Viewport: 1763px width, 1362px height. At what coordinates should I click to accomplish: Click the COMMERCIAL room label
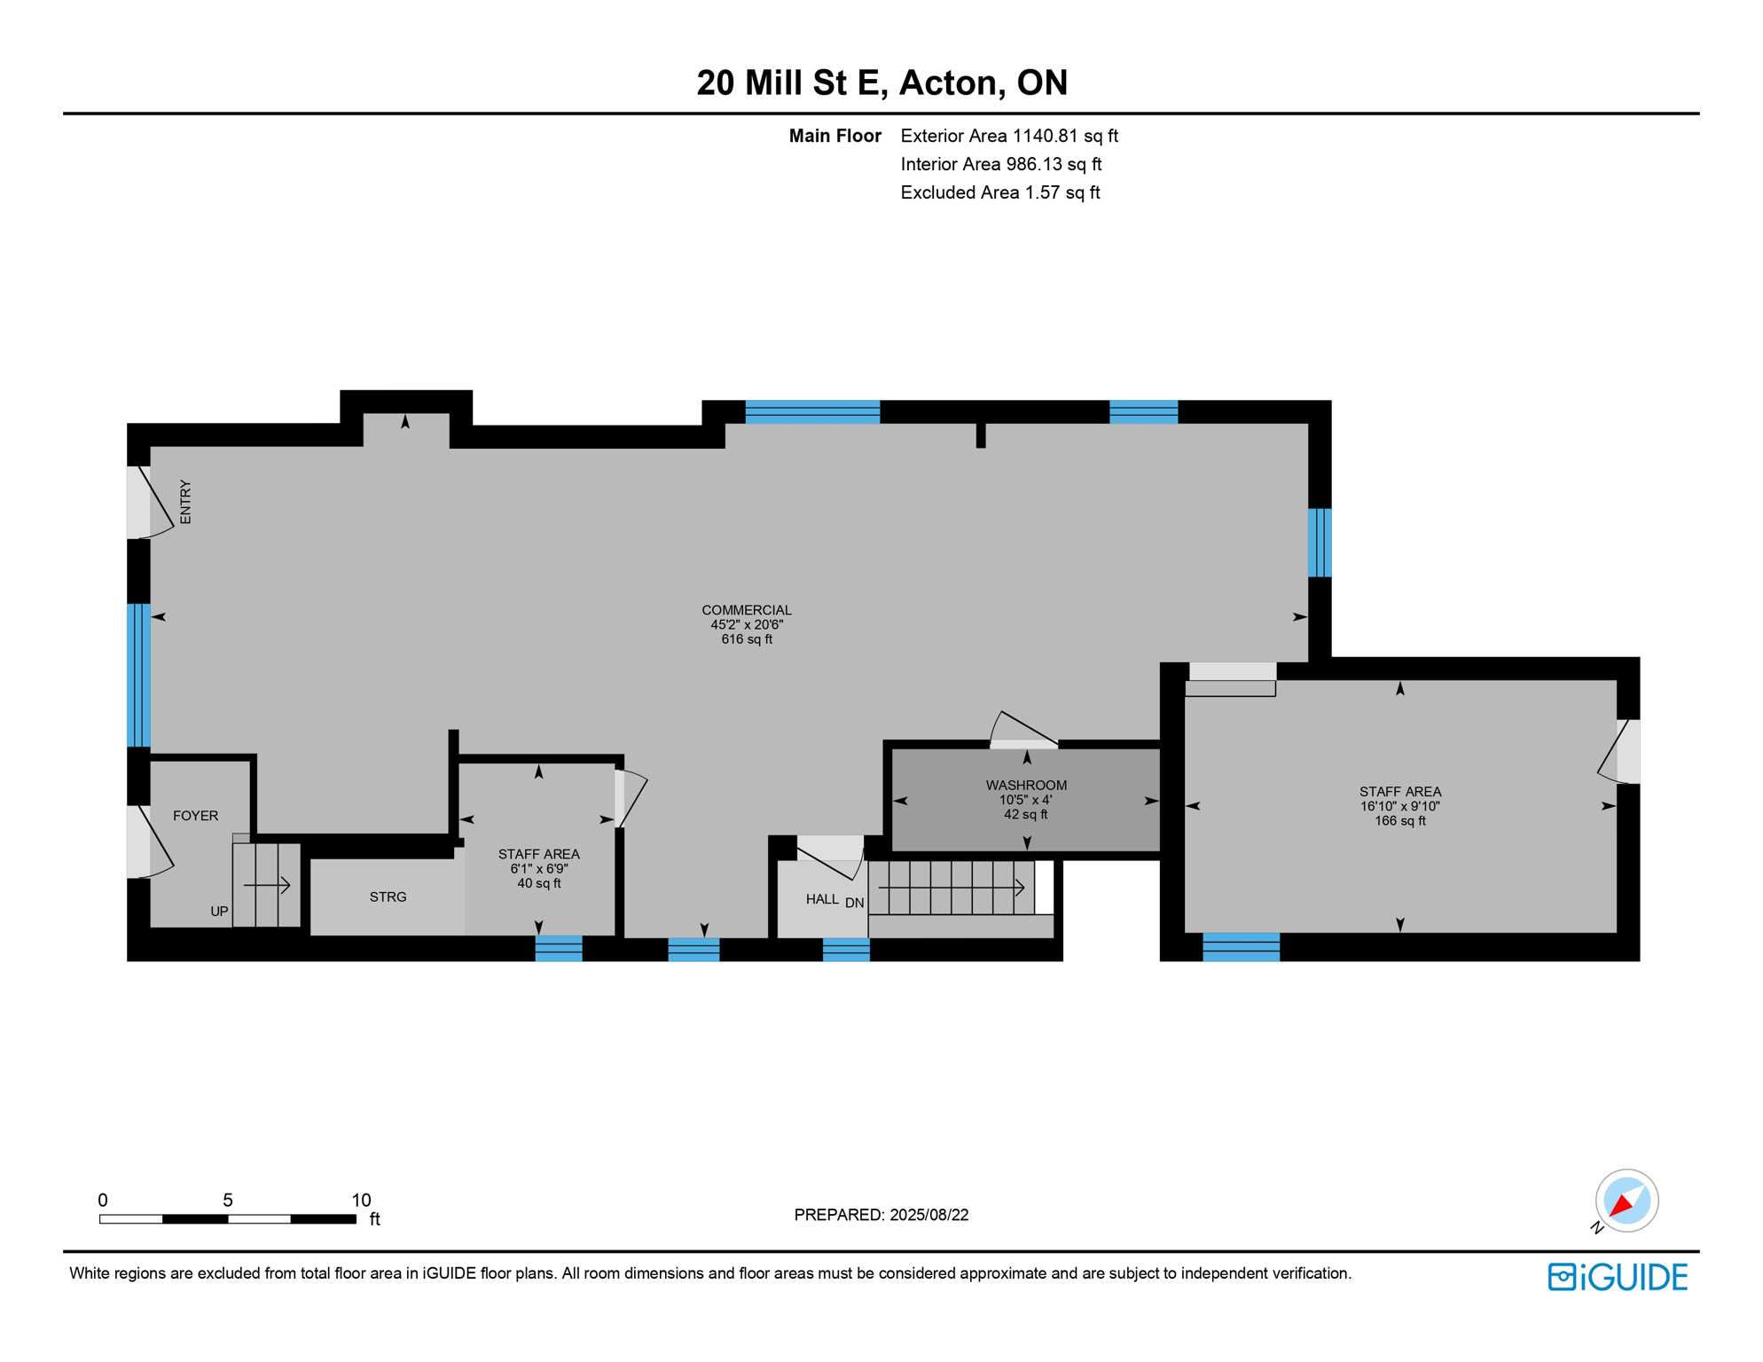pos(746,610)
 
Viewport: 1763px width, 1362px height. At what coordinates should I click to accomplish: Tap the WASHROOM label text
pos(1026,785)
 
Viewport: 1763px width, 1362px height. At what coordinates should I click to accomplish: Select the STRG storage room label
pos(388,897)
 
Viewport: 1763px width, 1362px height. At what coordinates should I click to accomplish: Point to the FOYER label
pos(195,816)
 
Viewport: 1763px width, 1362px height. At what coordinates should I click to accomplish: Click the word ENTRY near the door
pos(185,503)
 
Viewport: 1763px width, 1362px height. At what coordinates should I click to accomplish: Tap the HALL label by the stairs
pos(822,899)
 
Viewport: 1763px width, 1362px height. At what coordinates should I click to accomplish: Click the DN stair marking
pos(854,903)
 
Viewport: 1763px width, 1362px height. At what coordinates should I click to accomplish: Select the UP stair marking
pos(219,912)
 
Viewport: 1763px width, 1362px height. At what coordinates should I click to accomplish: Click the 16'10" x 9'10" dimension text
pos(1399,806)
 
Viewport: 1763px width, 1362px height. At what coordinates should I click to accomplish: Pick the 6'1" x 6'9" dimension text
pos(538,869)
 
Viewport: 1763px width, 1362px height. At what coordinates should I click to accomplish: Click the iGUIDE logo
pos(1617,1277)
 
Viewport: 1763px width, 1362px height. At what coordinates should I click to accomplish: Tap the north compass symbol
pos(1626,1201)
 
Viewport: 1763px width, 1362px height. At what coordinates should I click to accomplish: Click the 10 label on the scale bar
pos(361,1200)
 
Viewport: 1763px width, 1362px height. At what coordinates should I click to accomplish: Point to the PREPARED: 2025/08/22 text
pos(881,1215)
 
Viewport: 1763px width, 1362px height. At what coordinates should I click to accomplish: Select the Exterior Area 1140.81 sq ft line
pos(1008,136)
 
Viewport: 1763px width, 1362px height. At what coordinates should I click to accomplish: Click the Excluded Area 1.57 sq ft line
pos(999,192)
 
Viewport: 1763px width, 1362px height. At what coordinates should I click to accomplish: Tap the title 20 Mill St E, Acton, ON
pos(881,82)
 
